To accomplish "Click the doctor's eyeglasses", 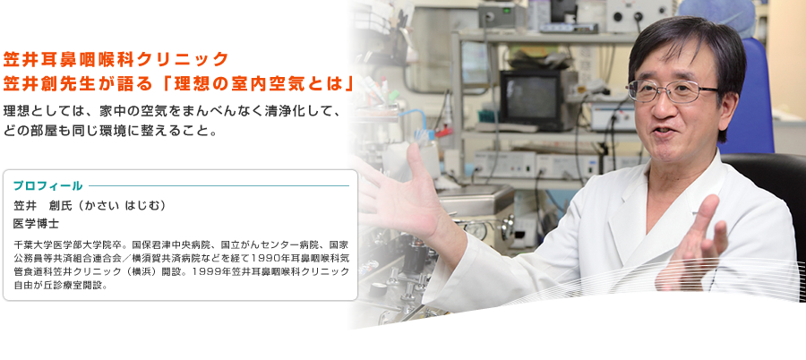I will coord(672,90).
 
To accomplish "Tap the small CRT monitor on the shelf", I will coord(533,95).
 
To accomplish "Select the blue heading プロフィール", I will coord(47,186).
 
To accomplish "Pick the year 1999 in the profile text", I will coord(216,272).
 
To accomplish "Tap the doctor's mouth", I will coord(668,131).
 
